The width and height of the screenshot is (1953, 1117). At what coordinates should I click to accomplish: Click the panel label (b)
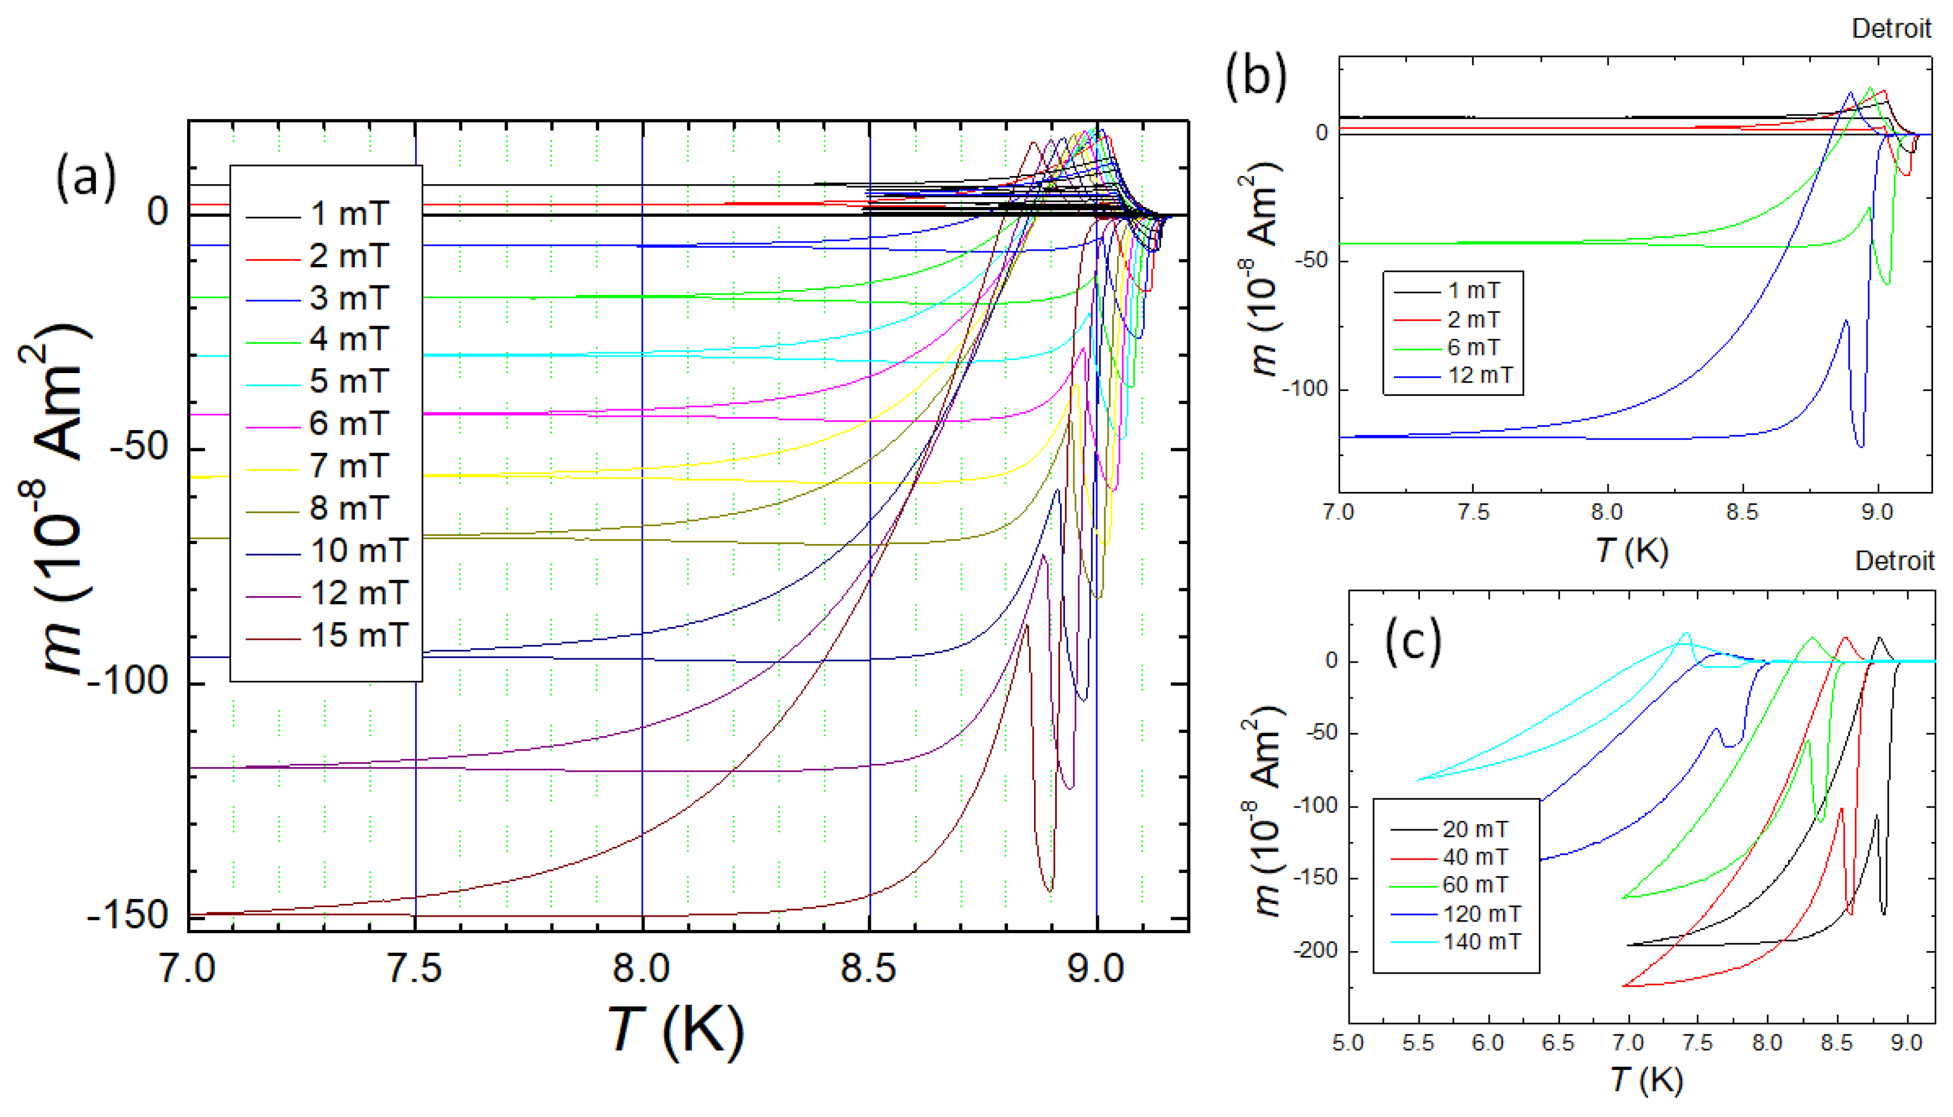[1255, 77]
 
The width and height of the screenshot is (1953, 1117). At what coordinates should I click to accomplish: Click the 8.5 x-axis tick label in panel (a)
[869, 969]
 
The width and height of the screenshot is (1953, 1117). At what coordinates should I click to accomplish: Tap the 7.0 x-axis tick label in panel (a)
[187, 969]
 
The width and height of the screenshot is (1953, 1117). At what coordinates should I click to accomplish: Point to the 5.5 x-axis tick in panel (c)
[1418, 1043]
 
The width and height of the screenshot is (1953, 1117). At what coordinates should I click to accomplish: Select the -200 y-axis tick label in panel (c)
[1315, 950]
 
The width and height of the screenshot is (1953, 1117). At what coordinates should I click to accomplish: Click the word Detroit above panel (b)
[1891, 29]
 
